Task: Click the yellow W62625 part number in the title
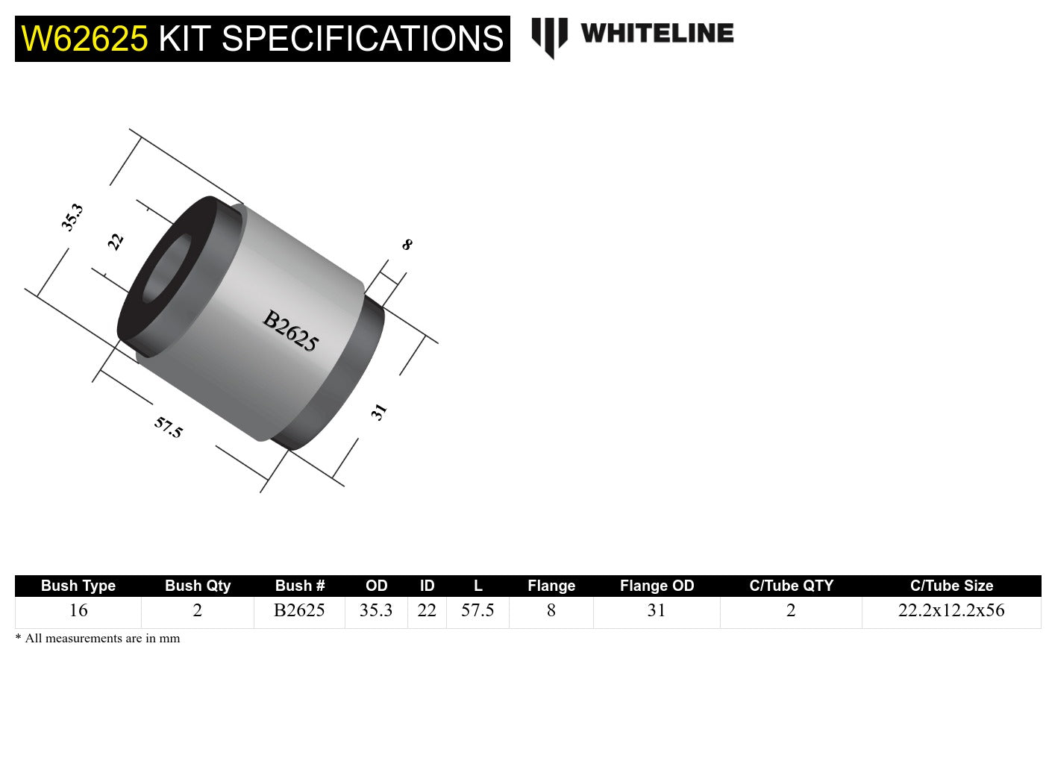click(84, 39)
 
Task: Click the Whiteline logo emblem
click(549, 37)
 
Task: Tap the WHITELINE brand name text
click(657, 34)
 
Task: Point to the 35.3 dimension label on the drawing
click(72, 217)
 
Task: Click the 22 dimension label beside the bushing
click(115, 241)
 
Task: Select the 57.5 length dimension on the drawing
click(168, 427)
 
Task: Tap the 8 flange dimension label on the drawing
click(407, 244)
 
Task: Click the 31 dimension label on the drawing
click(379, 412)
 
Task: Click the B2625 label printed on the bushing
click(290, 331)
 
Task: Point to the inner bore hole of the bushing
click(166, 269)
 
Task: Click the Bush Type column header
click(78, 586)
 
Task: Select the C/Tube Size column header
click(951, 586)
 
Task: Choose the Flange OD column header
click(657, 586)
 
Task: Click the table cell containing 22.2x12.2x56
click(951, 610)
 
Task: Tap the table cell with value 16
click(78, 610)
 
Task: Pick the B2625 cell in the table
click(299, 610)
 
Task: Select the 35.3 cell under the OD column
click(376, 610)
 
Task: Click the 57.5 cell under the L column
click(478, 610)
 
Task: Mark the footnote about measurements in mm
click(98, 639)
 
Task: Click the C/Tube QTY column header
click(791, 586)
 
